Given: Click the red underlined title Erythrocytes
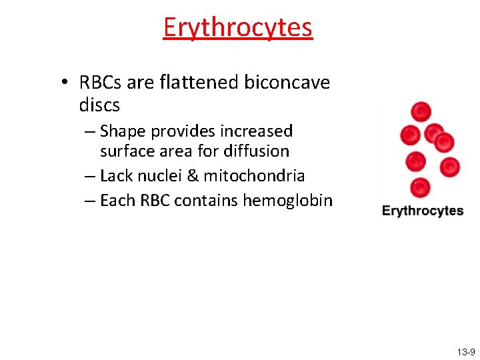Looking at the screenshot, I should pos(237,27).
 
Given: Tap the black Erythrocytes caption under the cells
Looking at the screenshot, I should pos(423,211).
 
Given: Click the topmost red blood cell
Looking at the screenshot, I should pos(421,111).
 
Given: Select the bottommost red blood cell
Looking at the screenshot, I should pos(419,187).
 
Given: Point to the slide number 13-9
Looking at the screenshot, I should pos(466,351).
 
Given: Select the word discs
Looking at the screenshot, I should pos(99,105).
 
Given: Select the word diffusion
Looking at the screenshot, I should pos(257,151).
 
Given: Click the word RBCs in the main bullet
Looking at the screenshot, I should pos(99,83).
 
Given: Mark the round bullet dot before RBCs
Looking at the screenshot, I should pos(65,83).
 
